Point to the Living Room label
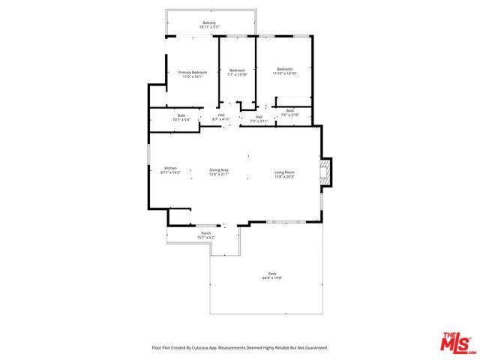(x=284, y=172)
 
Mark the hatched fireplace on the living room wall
(x=324, y=171)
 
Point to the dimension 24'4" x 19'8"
(x=272, y=278)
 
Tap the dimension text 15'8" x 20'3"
(x=284, y=176)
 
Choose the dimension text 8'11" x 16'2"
(x=170, y=173)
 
